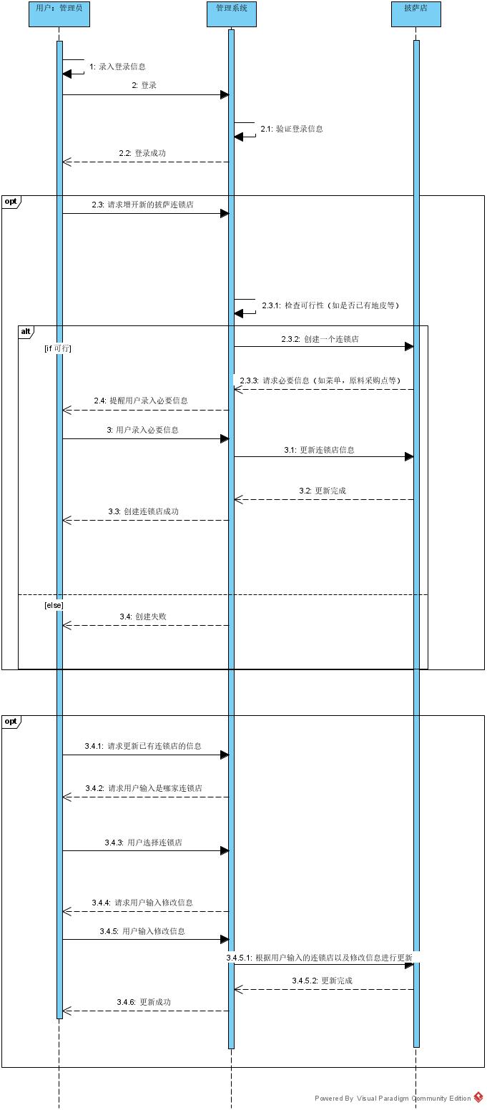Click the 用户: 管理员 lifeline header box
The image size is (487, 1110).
click(x=59, y=14)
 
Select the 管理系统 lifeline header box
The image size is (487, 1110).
click(x=231, y=14)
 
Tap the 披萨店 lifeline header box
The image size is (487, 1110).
click(x=416, y=14)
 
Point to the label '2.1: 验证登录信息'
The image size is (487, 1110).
click(x=291, y=129)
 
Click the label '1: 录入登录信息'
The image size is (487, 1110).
click(x=117, y=67)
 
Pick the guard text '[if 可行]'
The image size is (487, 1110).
click(x=58, y=348)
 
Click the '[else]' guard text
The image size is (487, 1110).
click(x=54, y=605)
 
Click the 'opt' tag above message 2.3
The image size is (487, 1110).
click(x=11, y=201)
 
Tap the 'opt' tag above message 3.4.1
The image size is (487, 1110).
click(x=11, y=721)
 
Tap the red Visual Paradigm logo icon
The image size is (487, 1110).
click(x=478, y=1098)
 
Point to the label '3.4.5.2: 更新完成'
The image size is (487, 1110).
click(x=322, y=980)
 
